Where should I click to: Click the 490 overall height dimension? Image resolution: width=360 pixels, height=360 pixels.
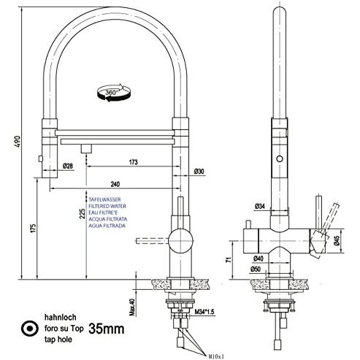tap(18, 142)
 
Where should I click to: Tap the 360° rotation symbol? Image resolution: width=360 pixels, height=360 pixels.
tap(114, 93)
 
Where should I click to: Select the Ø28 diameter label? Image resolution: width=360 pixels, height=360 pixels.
tap(68, 166)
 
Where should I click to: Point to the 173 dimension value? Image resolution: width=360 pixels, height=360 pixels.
tap(134, 162)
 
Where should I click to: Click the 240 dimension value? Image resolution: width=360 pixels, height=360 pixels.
tap(115, 184)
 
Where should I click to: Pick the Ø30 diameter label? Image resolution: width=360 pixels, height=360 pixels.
tap(199, 172)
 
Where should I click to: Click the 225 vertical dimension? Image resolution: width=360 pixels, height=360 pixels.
tap(83, 213)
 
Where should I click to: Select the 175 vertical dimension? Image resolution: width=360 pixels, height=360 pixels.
tap(33, 228)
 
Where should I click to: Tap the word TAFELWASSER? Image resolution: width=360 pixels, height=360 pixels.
tap(104, 199)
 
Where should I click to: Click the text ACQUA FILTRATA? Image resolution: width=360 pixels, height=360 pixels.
tap(108, 219)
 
